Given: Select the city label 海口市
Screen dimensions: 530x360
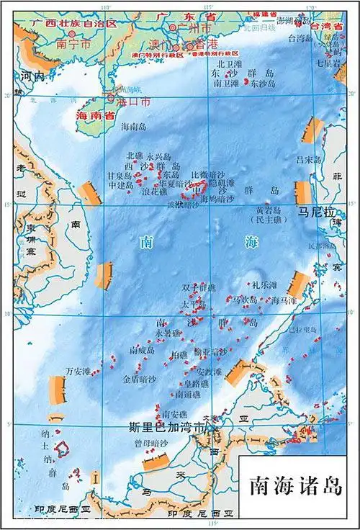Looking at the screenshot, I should [135, 102].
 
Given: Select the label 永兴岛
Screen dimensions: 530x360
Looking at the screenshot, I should [158, 156].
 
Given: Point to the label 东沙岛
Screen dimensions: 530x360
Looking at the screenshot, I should [264, 84].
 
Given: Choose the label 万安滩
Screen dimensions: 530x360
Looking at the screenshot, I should [78, 372].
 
